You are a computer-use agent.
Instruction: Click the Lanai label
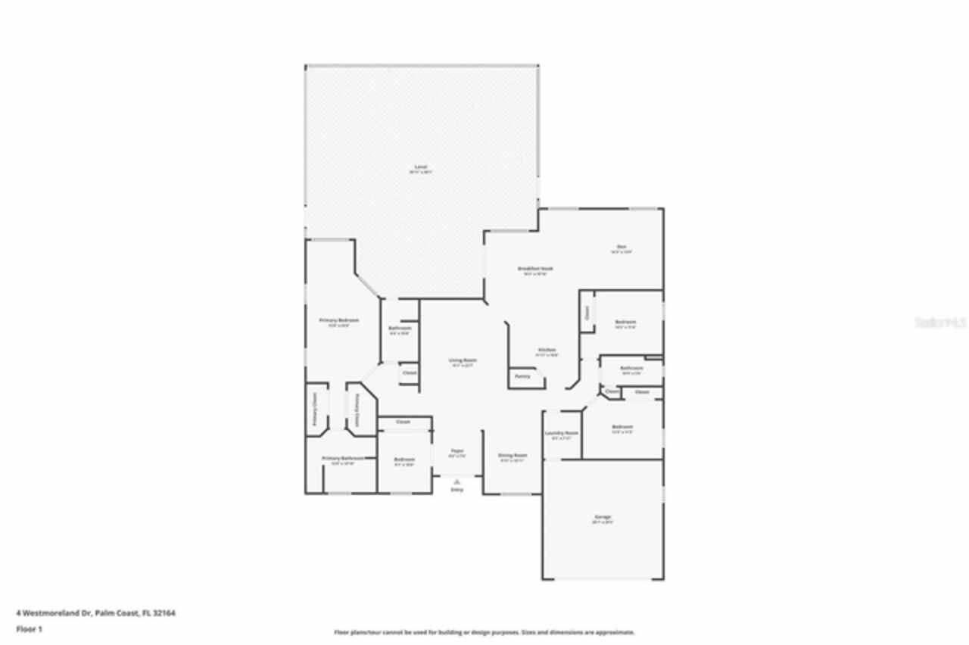tap(421, 167)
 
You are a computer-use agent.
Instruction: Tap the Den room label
tap(621, 246)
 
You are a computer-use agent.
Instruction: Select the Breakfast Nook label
tap(535, 269)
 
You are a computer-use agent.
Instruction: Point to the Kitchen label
tap(547, 350)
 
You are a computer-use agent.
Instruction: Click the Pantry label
tap(522, 376)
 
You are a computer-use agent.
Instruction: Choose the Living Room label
tap(463, 360)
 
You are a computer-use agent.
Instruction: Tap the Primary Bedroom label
tap(338, 320)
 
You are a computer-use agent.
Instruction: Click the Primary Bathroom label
tap(338, 458)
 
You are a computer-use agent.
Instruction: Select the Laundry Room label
tap(562, 433)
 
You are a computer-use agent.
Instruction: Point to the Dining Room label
tap(512, 456)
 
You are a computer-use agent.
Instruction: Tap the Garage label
tap(603, 517)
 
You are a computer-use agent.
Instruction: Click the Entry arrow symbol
tap(456, 481)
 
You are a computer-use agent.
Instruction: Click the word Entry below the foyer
tap(456, 491)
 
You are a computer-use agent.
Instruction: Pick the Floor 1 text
tap(30, 629)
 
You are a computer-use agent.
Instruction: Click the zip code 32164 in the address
tap(165, 613)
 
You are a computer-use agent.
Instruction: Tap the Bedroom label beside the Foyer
tap(404, 459)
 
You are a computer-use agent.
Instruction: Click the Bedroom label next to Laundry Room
tap(622, 427)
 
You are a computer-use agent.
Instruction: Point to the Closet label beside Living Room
tap(409, 372)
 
